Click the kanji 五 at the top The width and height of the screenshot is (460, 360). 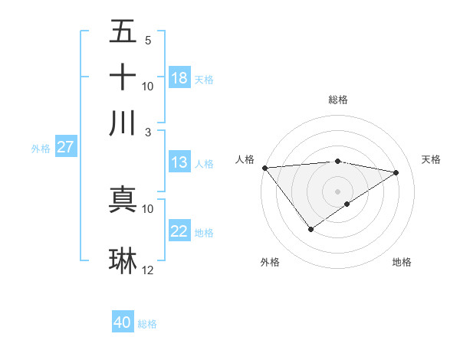coord(123,32)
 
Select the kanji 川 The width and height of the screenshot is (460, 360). coord(123,123)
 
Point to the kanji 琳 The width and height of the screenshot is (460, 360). coord(123,260)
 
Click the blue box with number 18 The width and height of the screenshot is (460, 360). coord(179,78)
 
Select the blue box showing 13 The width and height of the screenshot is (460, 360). coord(179,162)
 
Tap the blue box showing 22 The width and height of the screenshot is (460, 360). coord(179,232)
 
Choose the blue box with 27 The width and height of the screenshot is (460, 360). coord(65,147)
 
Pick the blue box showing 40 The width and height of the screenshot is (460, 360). coord(123,322)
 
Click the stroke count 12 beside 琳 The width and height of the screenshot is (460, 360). coord(148,270)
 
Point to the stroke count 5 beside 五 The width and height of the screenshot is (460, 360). coord(148,41)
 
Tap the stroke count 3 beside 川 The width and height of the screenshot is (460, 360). coord(148,132)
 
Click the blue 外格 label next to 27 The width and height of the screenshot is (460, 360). coord(41,149)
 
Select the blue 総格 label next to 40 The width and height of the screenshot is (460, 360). coord(148,324)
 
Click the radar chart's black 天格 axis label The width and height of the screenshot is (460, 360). coord(431,159)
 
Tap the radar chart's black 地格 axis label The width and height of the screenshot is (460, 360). coord(402,262)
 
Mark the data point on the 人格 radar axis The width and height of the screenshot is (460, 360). coord(264,168)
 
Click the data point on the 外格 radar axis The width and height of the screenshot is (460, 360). coord(310,229)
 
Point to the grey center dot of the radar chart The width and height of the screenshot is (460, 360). coord(337,190)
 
